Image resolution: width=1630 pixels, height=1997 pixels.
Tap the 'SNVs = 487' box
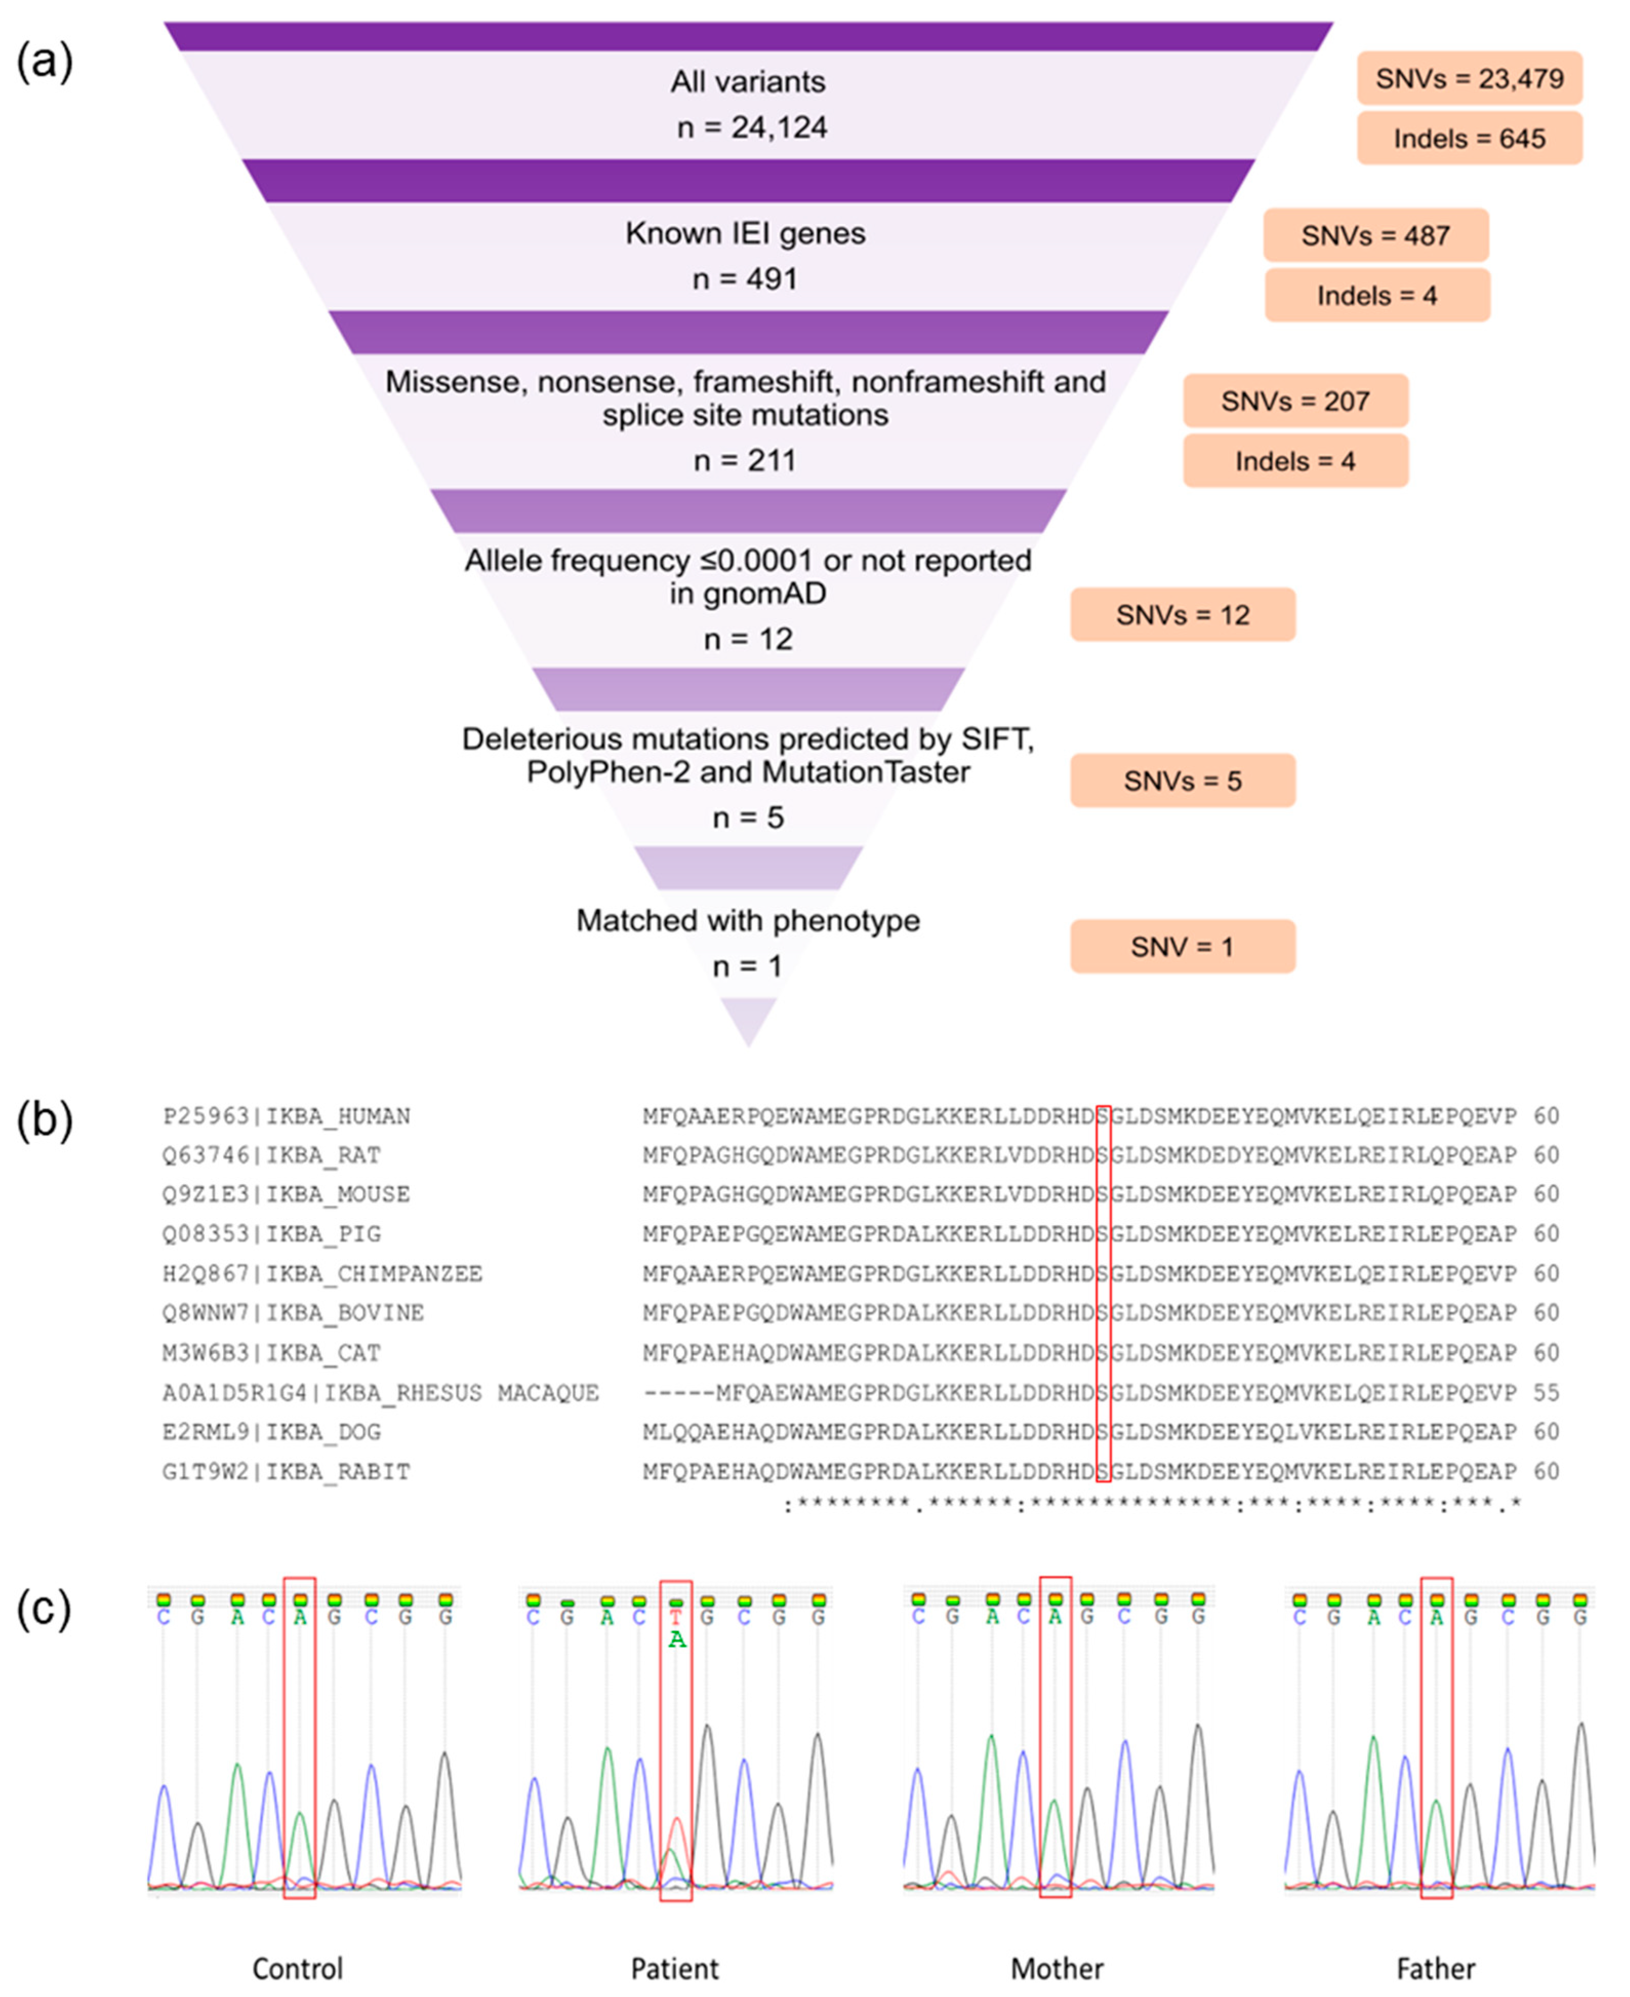1376,236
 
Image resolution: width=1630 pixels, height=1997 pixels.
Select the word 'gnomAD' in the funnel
748,594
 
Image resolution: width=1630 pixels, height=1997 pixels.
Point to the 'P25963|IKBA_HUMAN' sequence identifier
287,1116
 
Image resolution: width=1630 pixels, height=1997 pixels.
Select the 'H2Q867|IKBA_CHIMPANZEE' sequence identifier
322,1274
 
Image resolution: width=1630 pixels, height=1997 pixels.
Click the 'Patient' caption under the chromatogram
674,1968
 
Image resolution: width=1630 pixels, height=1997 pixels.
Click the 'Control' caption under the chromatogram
298,1968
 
